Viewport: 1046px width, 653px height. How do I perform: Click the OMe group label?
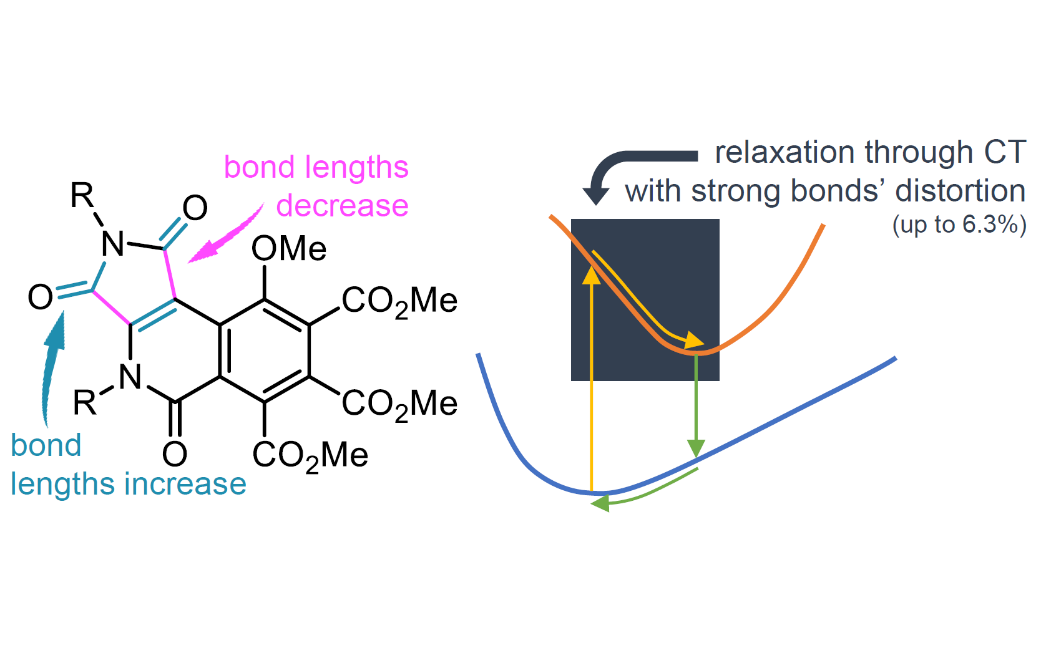pyautogui.click(x=288, y=248)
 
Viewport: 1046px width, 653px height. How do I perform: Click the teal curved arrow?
pyautogui.click(x=52, y=369)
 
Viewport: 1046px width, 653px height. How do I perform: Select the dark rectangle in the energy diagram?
pyautogui.click(x=645, y=299)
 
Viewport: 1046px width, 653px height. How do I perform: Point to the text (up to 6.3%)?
pyautogui.click(x=959, y=225)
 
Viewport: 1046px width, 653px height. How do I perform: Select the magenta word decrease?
pyautogui.click(x=342, y=206)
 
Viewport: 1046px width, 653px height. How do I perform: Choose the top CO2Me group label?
pyautogui.click(x=399, y=302)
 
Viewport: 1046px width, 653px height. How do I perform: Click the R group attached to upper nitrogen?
pyautogui.click(x=82, y=195)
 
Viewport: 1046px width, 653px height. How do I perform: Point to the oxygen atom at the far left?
pyautogui.click(x=40, y=297)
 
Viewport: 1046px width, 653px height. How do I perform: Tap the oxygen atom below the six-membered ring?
pyautogui.click(x=175, y=454)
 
